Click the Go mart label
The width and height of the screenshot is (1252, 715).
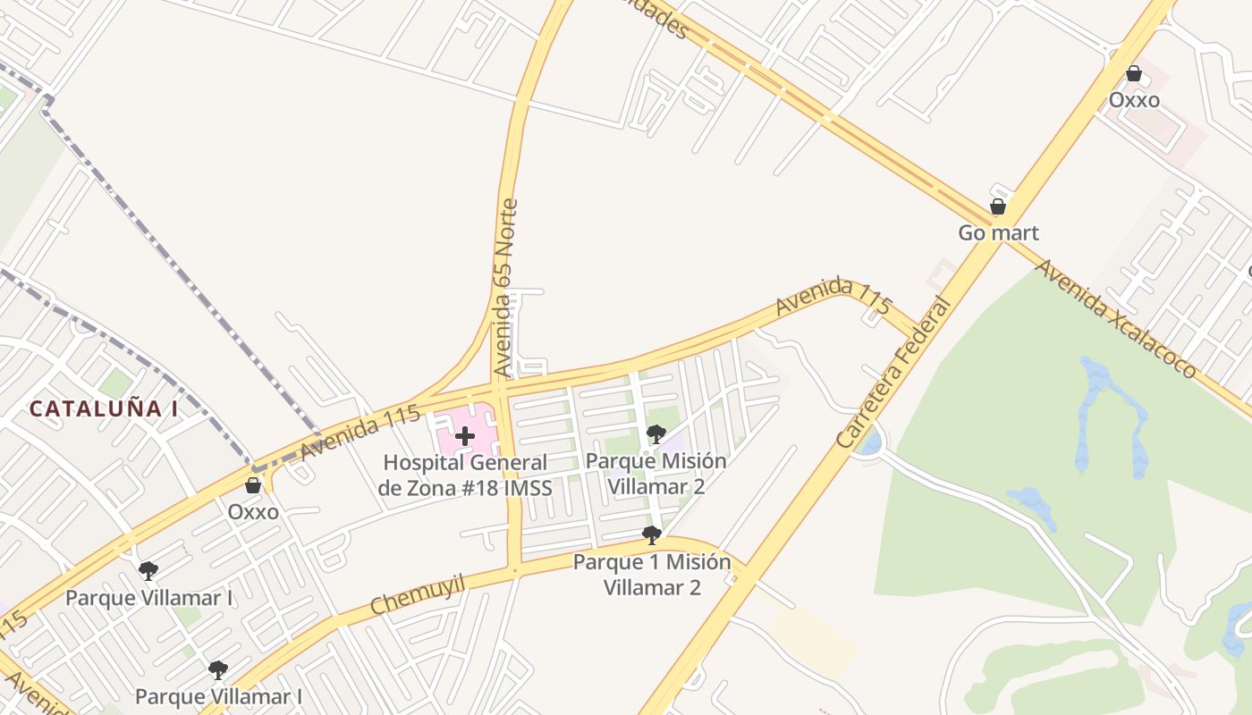998,233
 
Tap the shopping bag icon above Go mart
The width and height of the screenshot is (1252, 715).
998,207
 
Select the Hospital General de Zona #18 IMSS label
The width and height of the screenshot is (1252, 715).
464,475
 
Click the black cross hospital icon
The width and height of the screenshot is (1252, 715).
464,436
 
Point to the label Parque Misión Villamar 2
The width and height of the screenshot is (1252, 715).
656,474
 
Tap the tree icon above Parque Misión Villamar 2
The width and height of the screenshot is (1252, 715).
656,434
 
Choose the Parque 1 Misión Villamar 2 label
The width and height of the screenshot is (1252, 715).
651,575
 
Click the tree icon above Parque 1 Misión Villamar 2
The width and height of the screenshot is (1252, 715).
651,535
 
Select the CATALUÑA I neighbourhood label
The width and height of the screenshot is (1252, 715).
104,409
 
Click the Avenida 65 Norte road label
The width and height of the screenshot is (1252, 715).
506,288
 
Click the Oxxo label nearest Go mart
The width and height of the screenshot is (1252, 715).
1134,100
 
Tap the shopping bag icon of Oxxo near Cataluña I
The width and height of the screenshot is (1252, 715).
253,485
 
